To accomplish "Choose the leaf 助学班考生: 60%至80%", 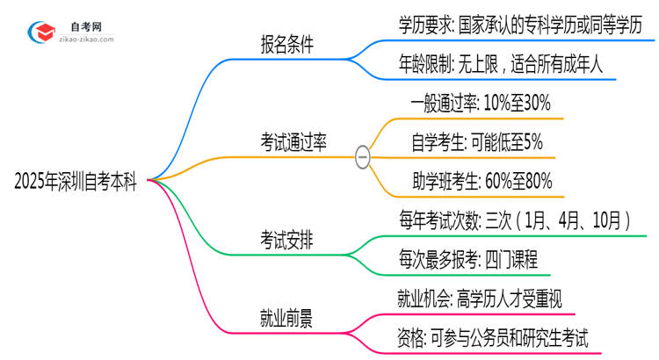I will pyautogui.click(x=482, y=181).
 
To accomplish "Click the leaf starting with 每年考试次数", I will pyautogui.click(x=513, y=220).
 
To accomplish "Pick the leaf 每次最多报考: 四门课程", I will pyautogui.click(x=467, y=258).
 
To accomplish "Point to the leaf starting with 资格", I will pyautogui.click(x=492, y=336).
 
